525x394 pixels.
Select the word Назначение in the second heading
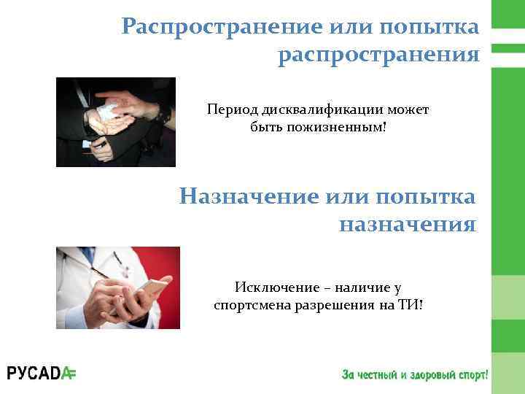(x=249, y=196)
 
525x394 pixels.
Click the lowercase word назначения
(x=408, y=224)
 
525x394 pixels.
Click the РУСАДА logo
(x=42, y=374)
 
